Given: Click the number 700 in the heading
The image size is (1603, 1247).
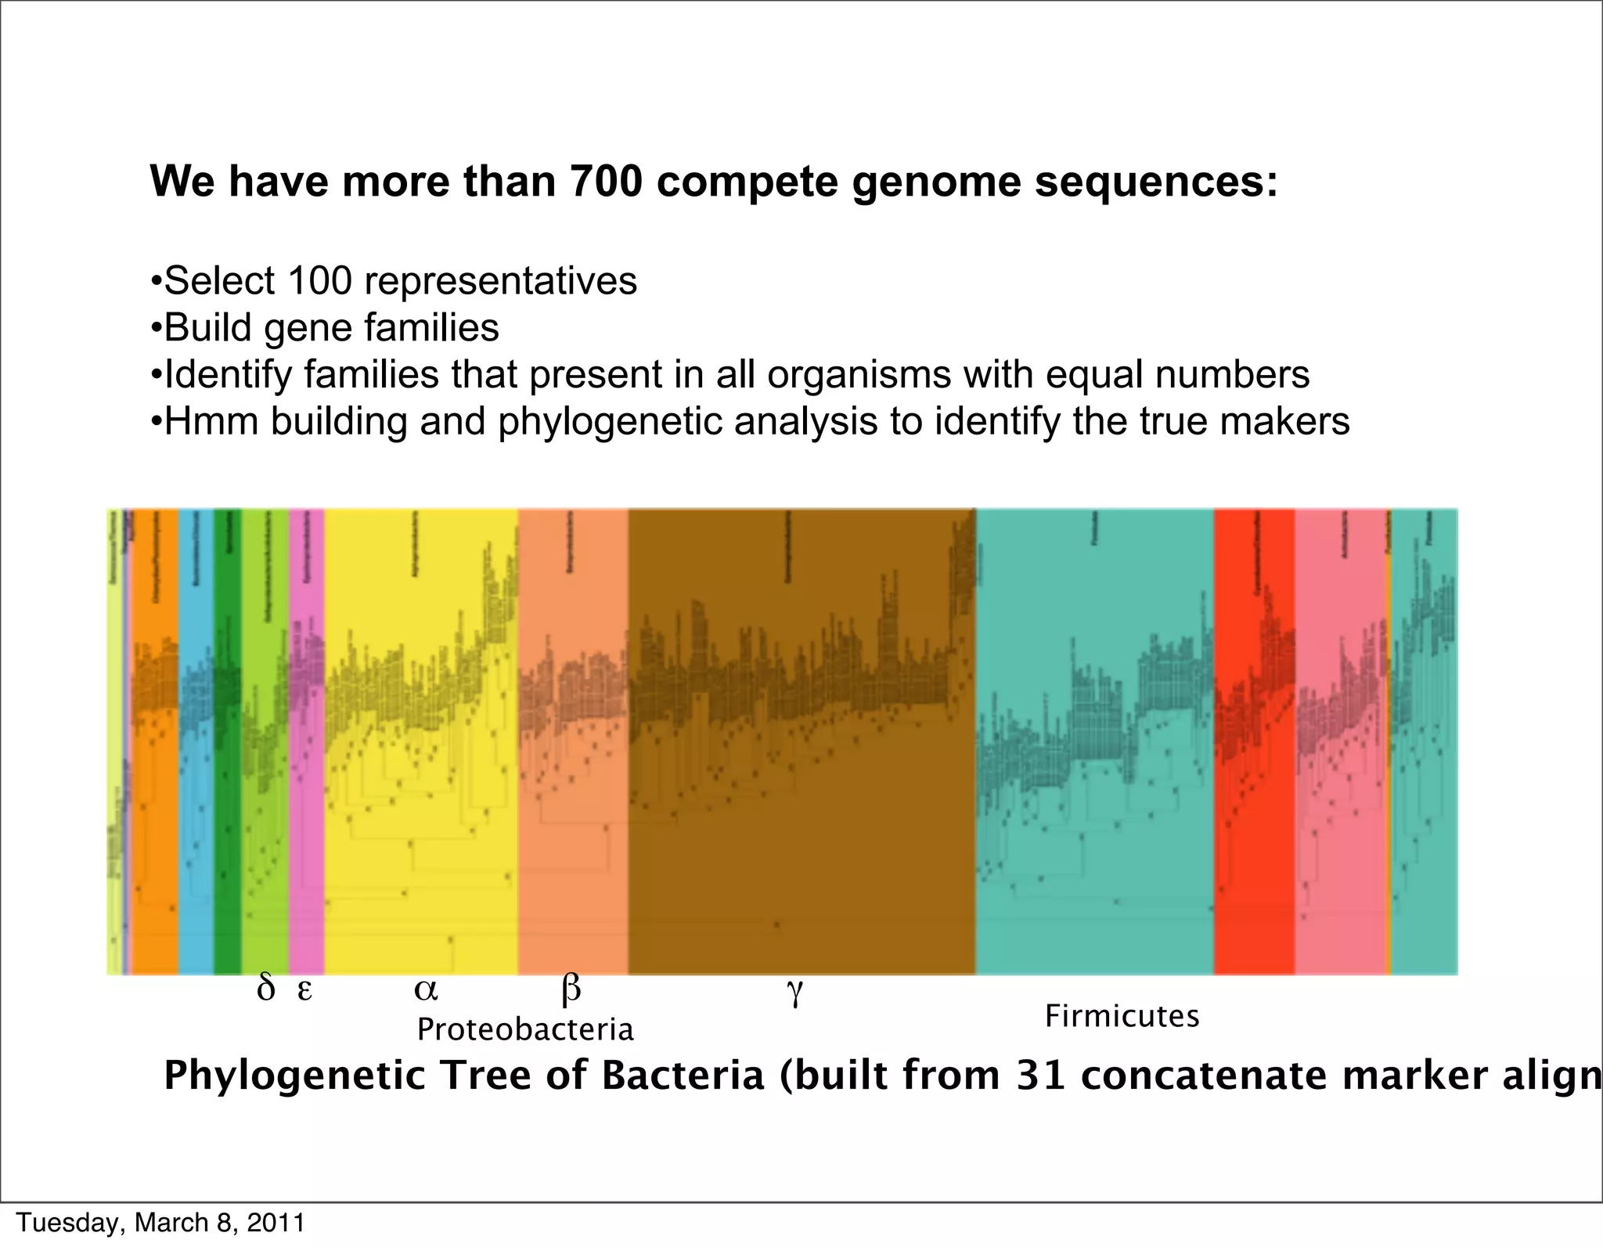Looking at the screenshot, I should (x=607, y=181).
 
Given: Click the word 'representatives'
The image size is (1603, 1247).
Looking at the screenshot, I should (x=501, y=282).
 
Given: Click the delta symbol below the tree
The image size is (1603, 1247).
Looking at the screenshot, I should (x=265, y=989).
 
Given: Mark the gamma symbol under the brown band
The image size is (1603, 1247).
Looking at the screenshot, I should (x=794, y=993).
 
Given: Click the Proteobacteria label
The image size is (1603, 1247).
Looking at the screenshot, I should (x=525, y=1029).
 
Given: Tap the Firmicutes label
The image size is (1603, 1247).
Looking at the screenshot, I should (x=1122, y=1017).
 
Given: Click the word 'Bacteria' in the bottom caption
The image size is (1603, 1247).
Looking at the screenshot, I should (x=682, y=1076).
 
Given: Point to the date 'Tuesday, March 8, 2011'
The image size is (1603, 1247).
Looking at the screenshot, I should (x=160, y=1223).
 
